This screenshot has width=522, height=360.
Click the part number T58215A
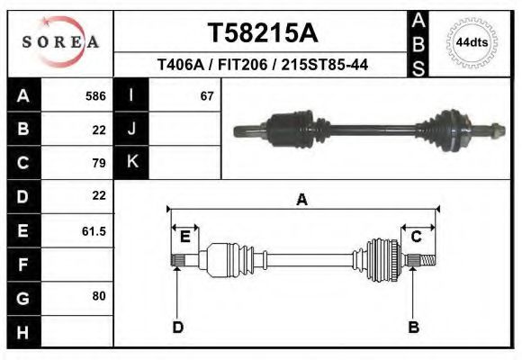262,33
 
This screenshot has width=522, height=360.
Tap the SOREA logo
60,42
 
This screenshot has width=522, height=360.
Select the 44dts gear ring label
472,42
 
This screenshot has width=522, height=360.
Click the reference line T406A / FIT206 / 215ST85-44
262,65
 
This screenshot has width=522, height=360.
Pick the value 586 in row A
95,95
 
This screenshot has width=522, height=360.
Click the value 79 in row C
99,163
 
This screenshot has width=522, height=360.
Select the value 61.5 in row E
94,231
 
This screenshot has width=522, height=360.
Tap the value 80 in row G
99,295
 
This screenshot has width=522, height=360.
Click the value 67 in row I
207,95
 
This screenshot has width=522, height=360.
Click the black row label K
131,162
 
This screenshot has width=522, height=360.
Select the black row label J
131,129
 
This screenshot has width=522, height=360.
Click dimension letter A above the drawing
301,200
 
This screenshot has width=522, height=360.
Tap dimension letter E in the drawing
184,237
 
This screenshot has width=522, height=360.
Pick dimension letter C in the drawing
416,237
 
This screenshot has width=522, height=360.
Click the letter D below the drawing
177,327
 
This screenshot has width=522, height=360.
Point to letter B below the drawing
413,327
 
